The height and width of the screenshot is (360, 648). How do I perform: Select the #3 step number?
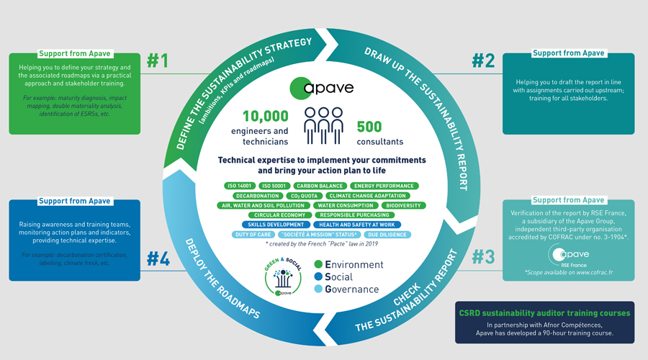pos(484,257)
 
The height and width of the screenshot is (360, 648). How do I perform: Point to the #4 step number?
pos(158,257)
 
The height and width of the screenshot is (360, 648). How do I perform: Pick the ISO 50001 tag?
pos(275,186)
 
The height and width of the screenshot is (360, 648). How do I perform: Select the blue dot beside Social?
pos(320,277)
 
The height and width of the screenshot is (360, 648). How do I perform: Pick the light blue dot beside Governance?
pos(320,289)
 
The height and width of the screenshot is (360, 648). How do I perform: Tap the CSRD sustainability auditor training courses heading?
pos(545,313)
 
